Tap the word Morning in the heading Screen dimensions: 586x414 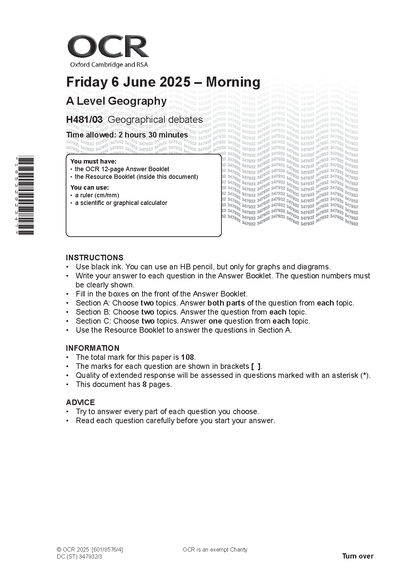[233, 82]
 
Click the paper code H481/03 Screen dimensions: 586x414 [84, 120]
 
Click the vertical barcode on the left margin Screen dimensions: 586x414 [25, 196]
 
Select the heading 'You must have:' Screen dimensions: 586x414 [94, 161]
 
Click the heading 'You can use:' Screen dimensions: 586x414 [90, 188]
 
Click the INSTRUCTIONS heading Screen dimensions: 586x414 [95, 258]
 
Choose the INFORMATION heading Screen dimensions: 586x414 [92, 348]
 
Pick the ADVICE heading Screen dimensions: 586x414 [80, 403]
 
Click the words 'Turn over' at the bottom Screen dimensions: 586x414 [358, 556]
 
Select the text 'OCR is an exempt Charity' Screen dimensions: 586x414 [215, 550]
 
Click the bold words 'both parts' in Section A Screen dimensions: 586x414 [226, 303]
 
